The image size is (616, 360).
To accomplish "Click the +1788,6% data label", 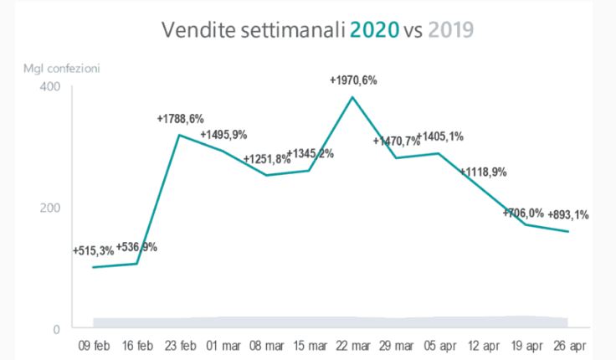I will pyautogui.click(x=180, y=119).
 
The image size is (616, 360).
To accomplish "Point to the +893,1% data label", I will pyautogui.click(x=567, y=214).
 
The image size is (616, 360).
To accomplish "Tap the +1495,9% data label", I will pyautogui.click(x=223, y=134).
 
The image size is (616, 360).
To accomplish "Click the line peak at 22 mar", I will pyautogui.click(x=352, y=96).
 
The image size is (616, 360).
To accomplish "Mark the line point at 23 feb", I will pyautogui.click(x=179, y=135).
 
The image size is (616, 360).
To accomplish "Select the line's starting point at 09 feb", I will pyautogui.click(x=93, y=267).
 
